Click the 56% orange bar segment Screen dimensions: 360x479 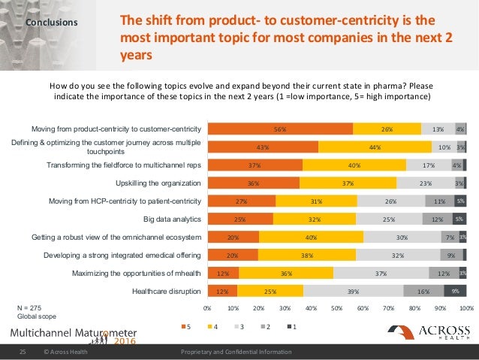coord(280,129)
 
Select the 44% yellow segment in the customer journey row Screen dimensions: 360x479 coord(375,147)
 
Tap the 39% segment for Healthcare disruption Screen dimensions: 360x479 coord(353,291)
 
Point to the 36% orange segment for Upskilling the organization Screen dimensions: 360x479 coord(254,183)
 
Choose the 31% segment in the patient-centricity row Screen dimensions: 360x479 coord(316,201)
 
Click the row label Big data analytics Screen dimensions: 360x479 coord(172,219)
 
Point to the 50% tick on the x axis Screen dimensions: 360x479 coord(337,308)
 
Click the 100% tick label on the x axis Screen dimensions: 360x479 coord(465,308)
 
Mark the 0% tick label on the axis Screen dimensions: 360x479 coord(208,308)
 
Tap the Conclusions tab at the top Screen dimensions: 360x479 coord(50,23)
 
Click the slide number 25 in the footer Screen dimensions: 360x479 coord(23,352)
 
